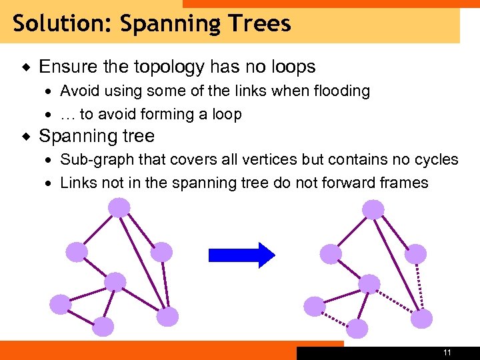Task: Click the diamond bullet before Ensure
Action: click(x=25, y=67)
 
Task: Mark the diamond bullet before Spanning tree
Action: click(x=25, y=137)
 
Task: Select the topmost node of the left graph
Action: click(x=119, y=209)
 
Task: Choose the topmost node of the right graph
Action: click(x=373, y=209)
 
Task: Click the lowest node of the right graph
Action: click(x=357, y=329)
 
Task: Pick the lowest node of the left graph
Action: click(x=103, y=326)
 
